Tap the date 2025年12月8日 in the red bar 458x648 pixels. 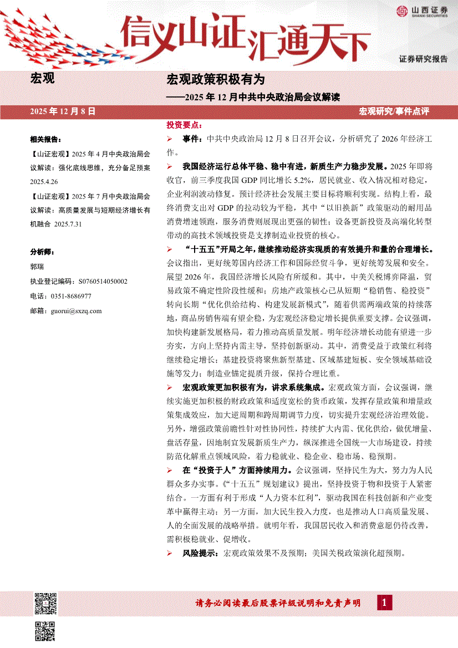pyautogui.click(x=64, y=111)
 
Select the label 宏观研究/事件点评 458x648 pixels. pyautogui.click(x=394, y=112)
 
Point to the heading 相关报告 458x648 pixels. pyautogui.click(x=45, y=139)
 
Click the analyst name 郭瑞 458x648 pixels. pyautogui.click(x=37, y=266)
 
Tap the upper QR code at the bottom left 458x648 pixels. pyautogui.click(x=46, y=603)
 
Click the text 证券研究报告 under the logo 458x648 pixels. pyautogui.click(x=423, y=59)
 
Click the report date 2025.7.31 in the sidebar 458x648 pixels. pyautogui.click(x=69, y=223)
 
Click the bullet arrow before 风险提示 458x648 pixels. pyautogui.click(x=170, y=553)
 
